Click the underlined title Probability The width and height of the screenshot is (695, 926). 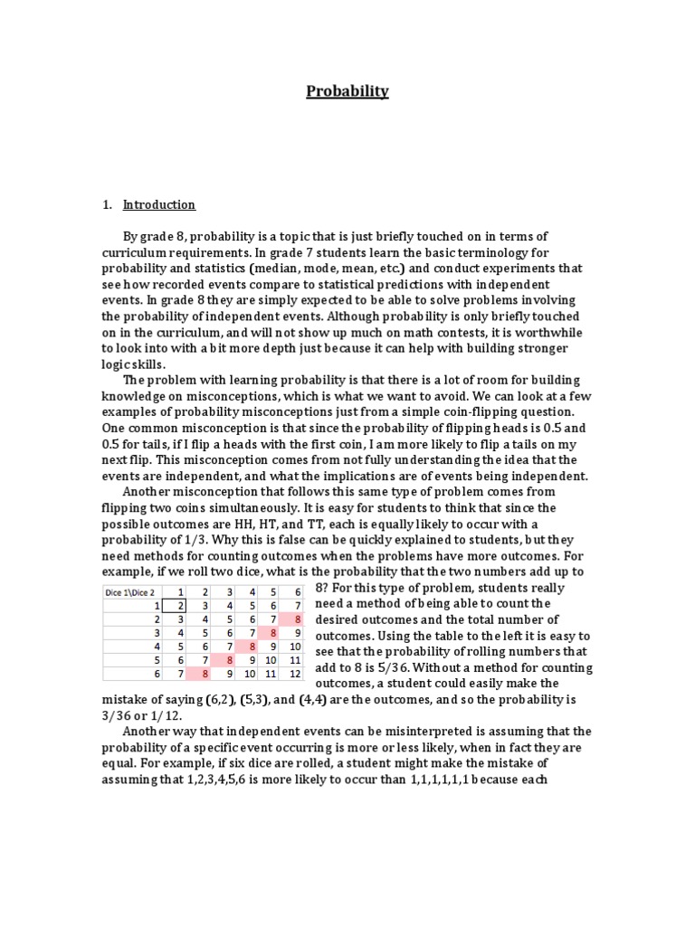coord(347,90)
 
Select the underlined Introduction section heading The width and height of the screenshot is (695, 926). coord(159,204)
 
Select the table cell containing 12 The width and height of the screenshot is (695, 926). coord(295,673)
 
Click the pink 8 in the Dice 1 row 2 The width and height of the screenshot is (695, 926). coord(295,619)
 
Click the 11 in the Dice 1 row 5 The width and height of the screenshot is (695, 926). coord(295,659)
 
